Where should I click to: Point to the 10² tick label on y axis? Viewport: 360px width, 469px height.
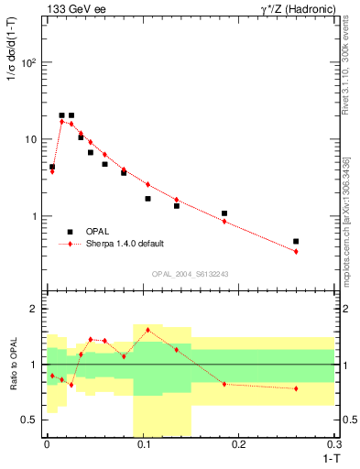(x=28, y=63)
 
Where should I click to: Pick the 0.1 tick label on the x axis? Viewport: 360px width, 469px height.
(x=143, y=444)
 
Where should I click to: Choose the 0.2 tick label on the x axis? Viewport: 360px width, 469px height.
(x=239, y=444)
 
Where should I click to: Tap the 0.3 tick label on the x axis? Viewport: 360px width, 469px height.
(x=334, y=444)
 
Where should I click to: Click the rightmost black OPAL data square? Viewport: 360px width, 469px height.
(x=296, y=242)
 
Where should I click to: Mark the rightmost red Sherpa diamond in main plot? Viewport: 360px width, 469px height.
(x=296, y=251)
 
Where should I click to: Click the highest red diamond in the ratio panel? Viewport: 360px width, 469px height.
(x=147, y=330)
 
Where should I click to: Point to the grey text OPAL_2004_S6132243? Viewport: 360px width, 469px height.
(x=190, y=274)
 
